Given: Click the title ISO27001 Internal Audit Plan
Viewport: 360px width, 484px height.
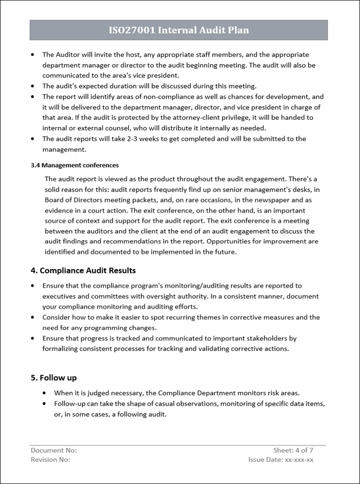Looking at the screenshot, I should click(x=179, y=30).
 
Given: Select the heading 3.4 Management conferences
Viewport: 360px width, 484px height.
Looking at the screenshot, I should click(x=74, y=165).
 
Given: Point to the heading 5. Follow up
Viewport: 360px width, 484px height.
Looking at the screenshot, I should click(x=54, y=377).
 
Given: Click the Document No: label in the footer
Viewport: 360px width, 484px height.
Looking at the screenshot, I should click(x=54, y=450).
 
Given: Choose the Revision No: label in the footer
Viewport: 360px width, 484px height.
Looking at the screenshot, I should click(x=50, y=459).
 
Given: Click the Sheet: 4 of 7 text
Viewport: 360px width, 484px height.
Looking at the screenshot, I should click(x=293, y=450).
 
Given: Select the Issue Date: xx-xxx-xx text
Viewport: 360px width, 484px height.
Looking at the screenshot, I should click(x=281, y=459).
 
